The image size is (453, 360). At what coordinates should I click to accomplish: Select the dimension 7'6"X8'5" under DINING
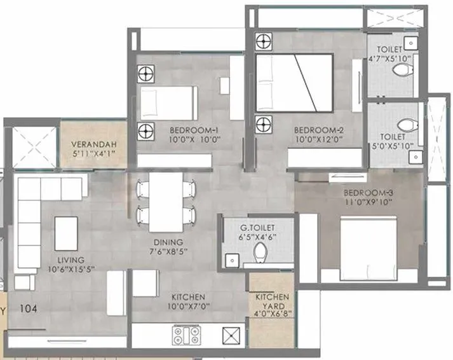pyautogui.click(x=168, y=251)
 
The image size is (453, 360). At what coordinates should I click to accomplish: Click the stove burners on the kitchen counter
pyautogui.click(x=186, y=335)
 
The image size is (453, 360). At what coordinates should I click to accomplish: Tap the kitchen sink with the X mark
pyautogui.click(x=231, y=335)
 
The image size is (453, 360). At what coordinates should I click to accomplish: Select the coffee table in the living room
pyautogui.click(x=67, y=233)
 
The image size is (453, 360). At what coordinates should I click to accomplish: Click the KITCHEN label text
pyautogui.click(x=187, y=297)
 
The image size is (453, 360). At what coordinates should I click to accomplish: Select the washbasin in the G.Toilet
pyautogui.click(x=231, y=259)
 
